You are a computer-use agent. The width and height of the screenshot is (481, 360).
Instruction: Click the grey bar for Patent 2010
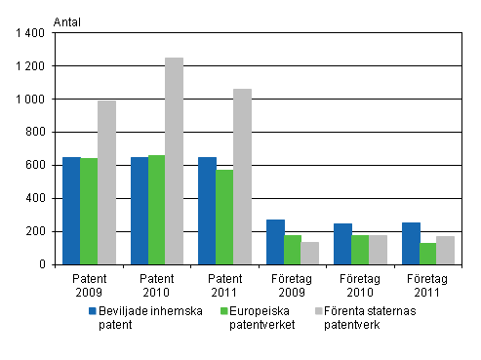(174, 161)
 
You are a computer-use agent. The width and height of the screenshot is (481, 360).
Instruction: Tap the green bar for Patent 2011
(224, 217)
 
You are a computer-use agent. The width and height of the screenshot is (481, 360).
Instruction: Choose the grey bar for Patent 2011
(242, 177)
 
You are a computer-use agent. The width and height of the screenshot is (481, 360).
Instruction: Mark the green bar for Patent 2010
(156, 210)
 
